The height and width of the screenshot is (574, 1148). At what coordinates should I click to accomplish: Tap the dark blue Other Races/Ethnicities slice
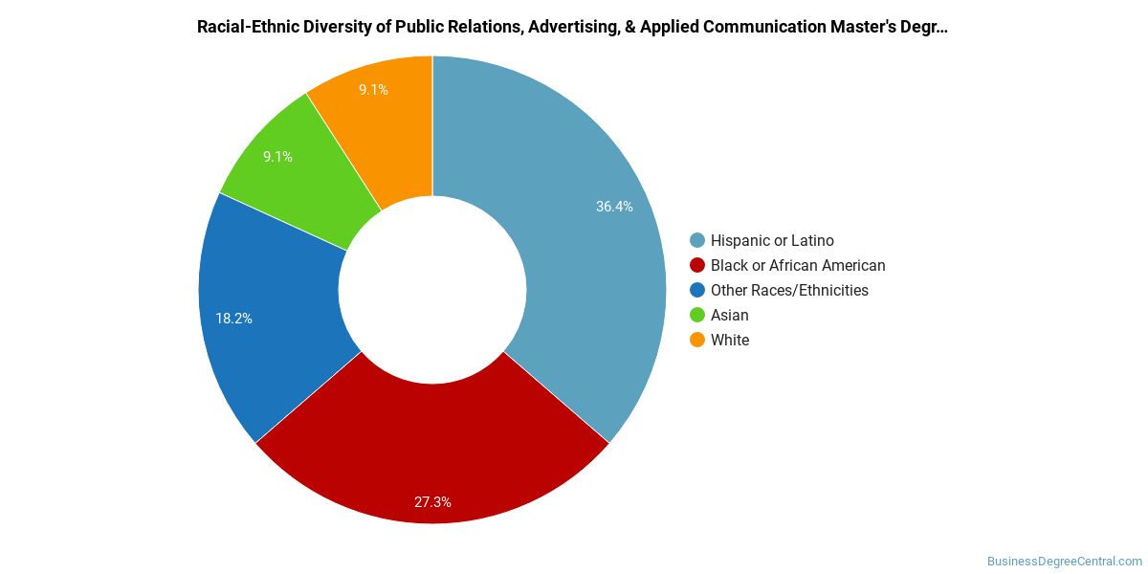click(x=272, y=323)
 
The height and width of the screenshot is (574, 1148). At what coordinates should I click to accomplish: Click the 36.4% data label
click(x=614, y=207)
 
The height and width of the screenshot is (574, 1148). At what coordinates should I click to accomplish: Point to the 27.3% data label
click(x=432, y=502)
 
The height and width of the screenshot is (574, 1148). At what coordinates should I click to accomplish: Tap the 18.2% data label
click(x=233, y=319)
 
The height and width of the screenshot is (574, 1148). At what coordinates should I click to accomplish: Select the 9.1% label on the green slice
click(x=277, y=157)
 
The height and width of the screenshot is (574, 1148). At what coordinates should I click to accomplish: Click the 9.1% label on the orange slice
click(x=373, y=90)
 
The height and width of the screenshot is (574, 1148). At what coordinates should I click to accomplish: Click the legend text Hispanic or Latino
click(x=772, y=240)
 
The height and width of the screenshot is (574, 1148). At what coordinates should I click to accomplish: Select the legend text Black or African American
click(x=798, y=266)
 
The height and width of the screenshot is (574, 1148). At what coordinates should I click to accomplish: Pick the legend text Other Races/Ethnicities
click(x=789, y=290)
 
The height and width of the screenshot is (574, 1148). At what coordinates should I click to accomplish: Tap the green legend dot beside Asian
click(x=697, y=315)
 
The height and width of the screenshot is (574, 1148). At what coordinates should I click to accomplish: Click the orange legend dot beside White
click(x=697, y=340)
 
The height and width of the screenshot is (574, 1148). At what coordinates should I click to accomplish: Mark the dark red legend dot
click(x=697, y=266)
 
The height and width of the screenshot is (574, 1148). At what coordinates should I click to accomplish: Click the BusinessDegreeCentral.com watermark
click(x=1065, y=562)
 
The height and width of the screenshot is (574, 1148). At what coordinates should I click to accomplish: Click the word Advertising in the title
click(x=573, y=27)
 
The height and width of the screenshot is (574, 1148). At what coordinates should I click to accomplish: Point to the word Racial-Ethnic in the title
click(x=248, y=27)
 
